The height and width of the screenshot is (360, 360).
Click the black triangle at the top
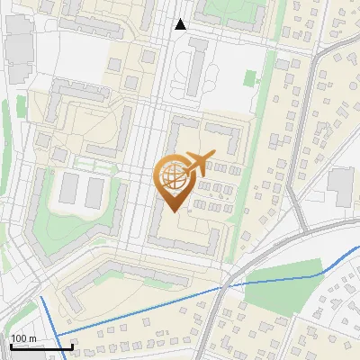(180, 24)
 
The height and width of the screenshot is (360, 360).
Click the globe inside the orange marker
(174, 177)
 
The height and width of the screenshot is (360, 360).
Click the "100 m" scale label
(23, 338)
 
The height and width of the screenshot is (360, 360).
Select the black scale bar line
(41, 346)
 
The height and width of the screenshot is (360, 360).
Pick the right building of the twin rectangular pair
(94, 191)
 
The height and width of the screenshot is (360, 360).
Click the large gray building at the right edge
(341, 184)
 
